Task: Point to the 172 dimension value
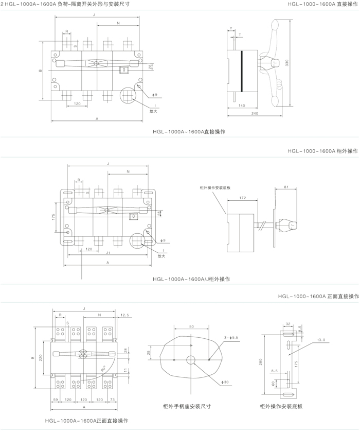coord(242,198)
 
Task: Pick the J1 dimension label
coord(107,253)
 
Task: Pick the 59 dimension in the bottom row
coord(55,399)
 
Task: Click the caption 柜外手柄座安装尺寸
coord(187,406)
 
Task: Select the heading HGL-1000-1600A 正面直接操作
coord(318,297)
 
